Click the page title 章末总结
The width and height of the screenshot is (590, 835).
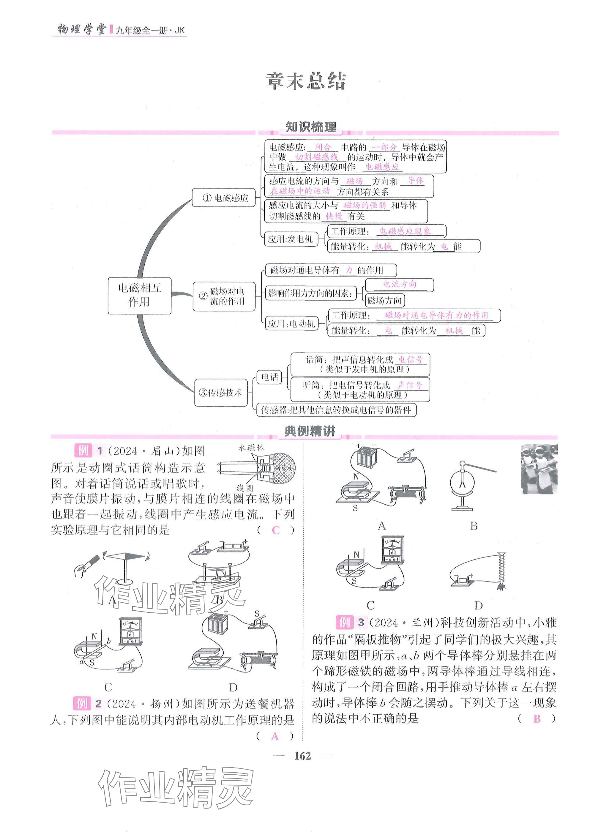click(x=306, y=81)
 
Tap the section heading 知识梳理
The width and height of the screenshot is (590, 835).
click(x=310, y=127)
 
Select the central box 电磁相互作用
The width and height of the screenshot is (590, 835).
click(x=139, y=295)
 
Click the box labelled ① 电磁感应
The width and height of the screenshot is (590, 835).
click(x=224, y=198)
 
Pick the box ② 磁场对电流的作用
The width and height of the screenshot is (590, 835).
click(x=224, y=296)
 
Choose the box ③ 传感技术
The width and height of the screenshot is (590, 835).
click(x=221, y=393)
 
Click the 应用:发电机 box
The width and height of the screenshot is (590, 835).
click(x=291, y=239)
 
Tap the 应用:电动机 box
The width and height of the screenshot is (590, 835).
click(x=291, y=323)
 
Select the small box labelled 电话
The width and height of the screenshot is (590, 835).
click(x=270, y=377)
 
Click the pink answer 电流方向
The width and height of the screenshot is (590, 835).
click(x=400, y=284)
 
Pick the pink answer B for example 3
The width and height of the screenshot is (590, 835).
click(x=537, y=718)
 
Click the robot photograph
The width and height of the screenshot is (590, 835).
click(x=539, y=469)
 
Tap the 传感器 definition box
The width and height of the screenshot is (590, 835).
click(x=336, y=410)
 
